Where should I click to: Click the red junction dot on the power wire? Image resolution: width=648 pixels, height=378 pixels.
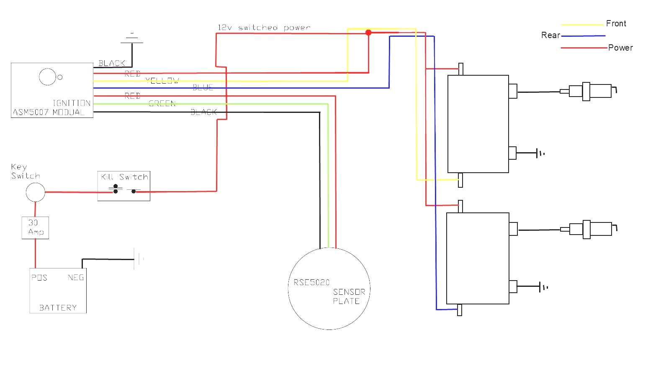click(x=368, y=32)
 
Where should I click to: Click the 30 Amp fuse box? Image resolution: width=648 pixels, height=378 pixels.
click(x=35, y=227)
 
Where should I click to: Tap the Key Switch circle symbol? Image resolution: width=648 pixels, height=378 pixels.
click(x=35, y=192)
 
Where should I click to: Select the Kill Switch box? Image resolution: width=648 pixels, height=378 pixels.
click(x=124, y=186)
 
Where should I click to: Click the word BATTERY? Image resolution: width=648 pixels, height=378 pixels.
click(x=58, y=308)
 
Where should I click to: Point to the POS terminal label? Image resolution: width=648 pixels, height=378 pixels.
click(x=39, y=278)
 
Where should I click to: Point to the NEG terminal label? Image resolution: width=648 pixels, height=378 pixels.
click(x=76, y=278)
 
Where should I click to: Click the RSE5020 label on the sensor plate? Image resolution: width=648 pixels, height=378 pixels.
click(x=311, y=282)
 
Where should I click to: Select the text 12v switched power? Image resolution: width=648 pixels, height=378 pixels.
click(x=264, y=28)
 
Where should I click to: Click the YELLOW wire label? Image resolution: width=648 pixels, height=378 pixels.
click(x=162, y=81)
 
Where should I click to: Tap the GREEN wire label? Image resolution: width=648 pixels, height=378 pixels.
click(x=162, y=103)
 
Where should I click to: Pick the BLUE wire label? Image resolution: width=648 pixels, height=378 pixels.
click(x=203, y=87)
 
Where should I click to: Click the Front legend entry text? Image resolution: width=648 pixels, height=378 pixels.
click(x=616, y=23)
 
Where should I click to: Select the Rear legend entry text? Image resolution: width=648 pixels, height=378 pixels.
click(x=550, y=35)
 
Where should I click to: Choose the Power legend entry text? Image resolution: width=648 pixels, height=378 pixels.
click(x=620, y=48)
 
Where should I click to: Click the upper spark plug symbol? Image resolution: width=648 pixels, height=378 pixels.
click(x=588, y=91)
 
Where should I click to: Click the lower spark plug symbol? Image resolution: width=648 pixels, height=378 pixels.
click(x=588, y=229)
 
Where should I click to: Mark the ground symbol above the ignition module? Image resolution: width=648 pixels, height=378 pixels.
click(x=132, y=38)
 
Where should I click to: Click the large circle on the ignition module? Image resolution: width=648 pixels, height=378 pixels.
click(x=47, y=77)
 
